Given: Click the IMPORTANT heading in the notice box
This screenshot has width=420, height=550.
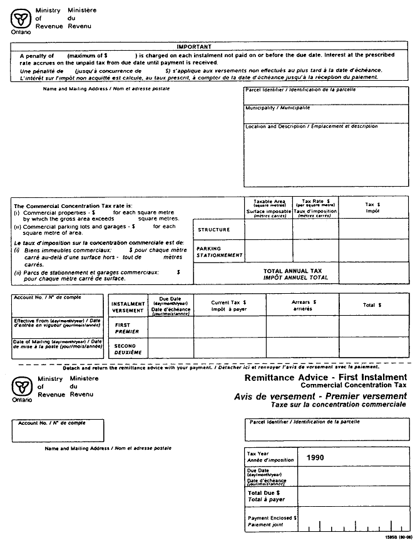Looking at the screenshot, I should click(x=194, y=47).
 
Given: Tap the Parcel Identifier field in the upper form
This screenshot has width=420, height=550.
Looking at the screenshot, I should click(x=325, y=96).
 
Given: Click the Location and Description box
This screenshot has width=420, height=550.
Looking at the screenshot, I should click(x=325, y=154).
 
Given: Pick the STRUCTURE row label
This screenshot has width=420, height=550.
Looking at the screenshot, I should click(x=214, y=230).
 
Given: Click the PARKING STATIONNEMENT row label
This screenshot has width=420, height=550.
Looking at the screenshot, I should click(x=219, y=252).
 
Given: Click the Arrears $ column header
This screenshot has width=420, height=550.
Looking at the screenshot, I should click(x=304, y=304).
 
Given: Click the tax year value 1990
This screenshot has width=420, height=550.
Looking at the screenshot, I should click(x=315, y=457).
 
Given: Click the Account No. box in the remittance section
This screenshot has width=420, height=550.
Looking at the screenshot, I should click(x=58, y=431).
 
